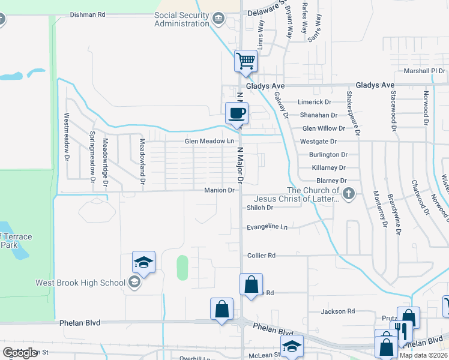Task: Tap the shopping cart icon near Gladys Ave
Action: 246,61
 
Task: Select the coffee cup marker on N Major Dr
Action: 237,113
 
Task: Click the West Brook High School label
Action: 80,283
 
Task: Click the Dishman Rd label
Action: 87,14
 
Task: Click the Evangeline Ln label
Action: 267,227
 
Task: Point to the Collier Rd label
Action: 261,256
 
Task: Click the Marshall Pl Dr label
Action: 423,71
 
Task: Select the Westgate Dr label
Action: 319,142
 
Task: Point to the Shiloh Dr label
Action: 260,208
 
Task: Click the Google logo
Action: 20,353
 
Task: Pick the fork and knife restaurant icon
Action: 399,331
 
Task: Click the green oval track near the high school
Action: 182,268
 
